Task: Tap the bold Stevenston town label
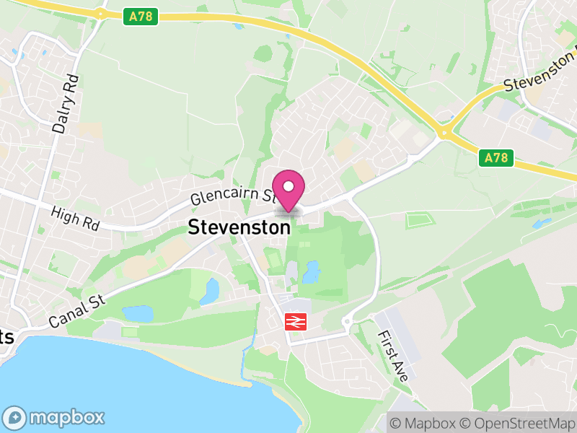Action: pos(239,227)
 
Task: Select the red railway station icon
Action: pos(296,321)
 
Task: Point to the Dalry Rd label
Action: pos(66,102)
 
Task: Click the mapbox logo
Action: pos(54,417)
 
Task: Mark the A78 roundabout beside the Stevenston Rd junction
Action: pos(445,131)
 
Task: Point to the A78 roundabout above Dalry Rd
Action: pos(98,12)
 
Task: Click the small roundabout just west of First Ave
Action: pos(347,321)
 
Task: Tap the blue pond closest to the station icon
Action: pos(312,272)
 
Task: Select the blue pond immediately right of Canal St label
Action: pos(138,313)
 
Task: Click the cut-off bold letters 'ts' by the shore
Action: pos(6,336)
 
